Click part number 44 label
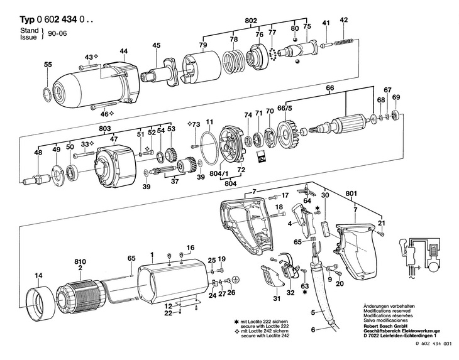pos(123,52)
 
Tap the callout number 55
pos(48,65)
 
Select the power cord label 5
pos(313,313)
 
